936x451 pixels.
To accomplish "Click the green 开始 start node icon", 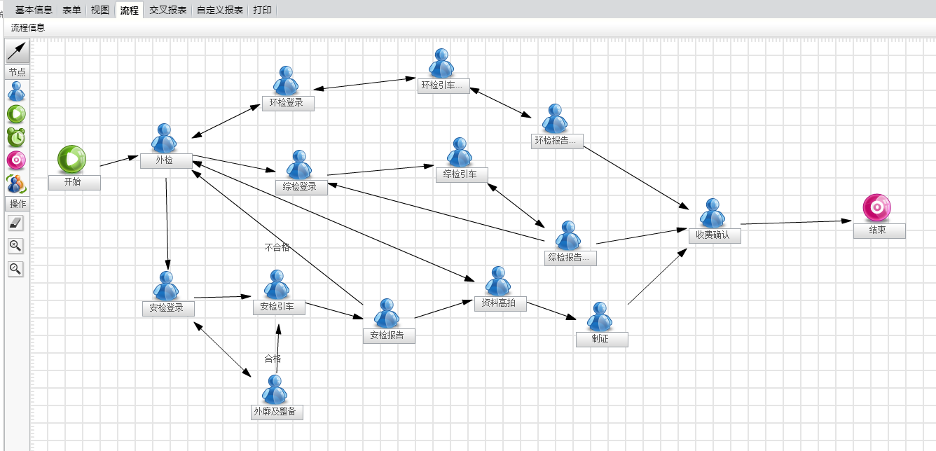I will tap(71, 159).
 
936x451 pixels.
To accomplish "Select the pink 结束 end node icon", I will tap(876, 207).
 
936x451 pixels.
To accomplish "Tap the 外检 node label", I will tap(165, 161).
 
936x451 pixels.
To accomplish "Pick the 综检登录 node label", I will tap(301, 187).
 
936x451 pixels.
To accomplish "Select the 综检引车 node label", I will tap(460, 174).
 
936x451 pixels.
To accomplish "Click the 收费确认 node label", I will tap(713, 235).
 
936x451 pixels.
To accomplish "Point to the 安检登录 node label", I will tap(167, 308).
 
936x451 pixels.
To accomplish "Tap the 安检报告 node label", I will tap(387, 335).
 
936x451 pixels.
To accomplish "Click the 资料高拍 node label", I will tap(500, 303).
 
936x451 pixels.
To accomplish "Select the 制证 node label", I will tap(601, 339).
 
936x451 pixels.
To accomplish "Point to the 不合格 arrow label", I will tap(277, 247).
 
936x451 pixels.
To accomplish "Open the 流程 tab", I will tap(129, 10).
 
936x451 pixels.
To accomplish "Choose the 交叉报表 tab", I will tap(168, 10).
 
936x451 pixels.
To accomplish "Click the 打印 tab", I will tap(263, 10).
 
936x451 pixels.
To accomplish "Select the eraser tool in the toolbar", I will tap(15, 223).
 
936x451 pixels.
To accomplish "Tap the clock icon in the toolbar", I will tap(16, 137).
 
